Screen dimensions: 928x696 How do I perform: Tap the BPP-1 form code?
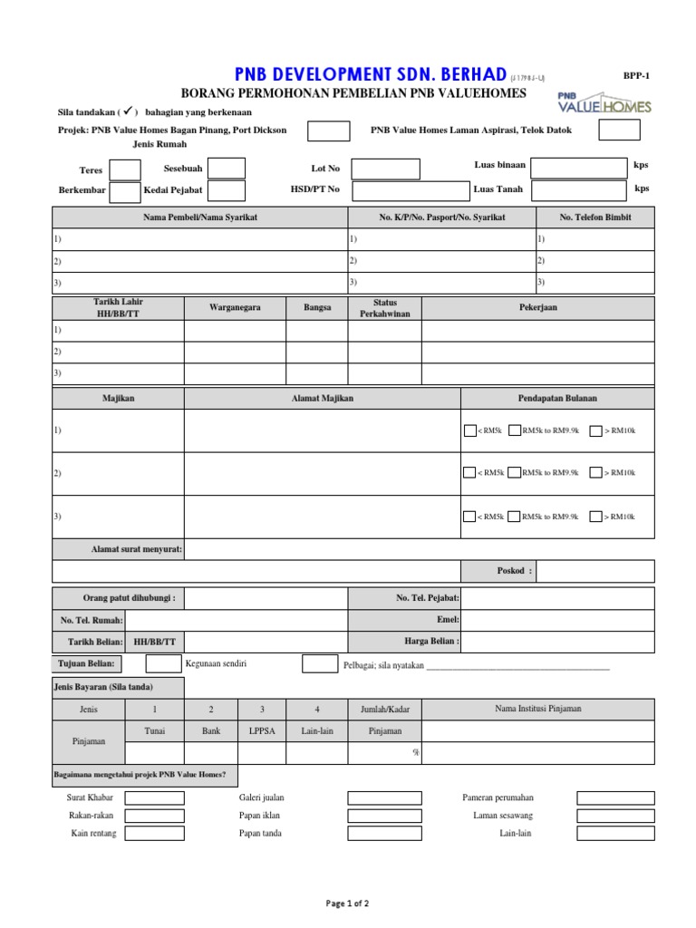636,77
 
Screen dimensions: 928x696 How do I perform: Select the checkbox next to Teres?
125,170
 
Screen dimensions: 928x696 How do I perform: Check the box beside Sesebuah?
227,169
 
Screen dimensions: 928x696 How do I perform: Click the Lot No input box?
385,169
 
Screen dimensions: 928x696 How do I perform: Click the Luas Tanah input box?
578,190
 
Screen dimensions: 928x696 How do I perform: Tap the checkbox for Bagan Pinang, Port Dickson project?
328,130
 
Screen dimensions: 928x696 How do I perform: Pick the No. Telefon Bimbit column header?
594,217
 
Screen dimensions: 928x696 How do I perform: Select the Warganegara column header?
235,308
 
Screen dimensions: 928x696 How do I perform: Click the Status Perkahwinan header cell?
384,308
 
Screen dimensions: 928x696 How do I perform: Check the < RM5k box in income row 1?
469,431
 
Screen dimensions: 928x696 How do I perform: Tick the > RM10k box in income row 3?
595,517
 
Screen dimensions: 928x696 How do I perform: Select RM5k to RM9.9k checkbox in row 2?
514,473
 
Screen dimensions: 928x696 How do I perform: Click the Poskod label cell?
499,572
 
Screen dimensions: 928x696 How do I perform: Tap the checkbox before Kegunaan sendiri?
163,664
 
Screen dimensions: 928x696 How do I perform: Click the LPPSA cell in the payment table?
262,730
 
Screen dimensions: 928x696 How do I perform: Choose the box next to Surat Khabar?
154,798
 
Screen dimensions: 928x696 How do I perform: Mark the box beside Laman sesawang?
608,816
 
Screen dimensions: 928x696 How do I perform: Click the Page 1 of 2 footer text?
347,904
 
